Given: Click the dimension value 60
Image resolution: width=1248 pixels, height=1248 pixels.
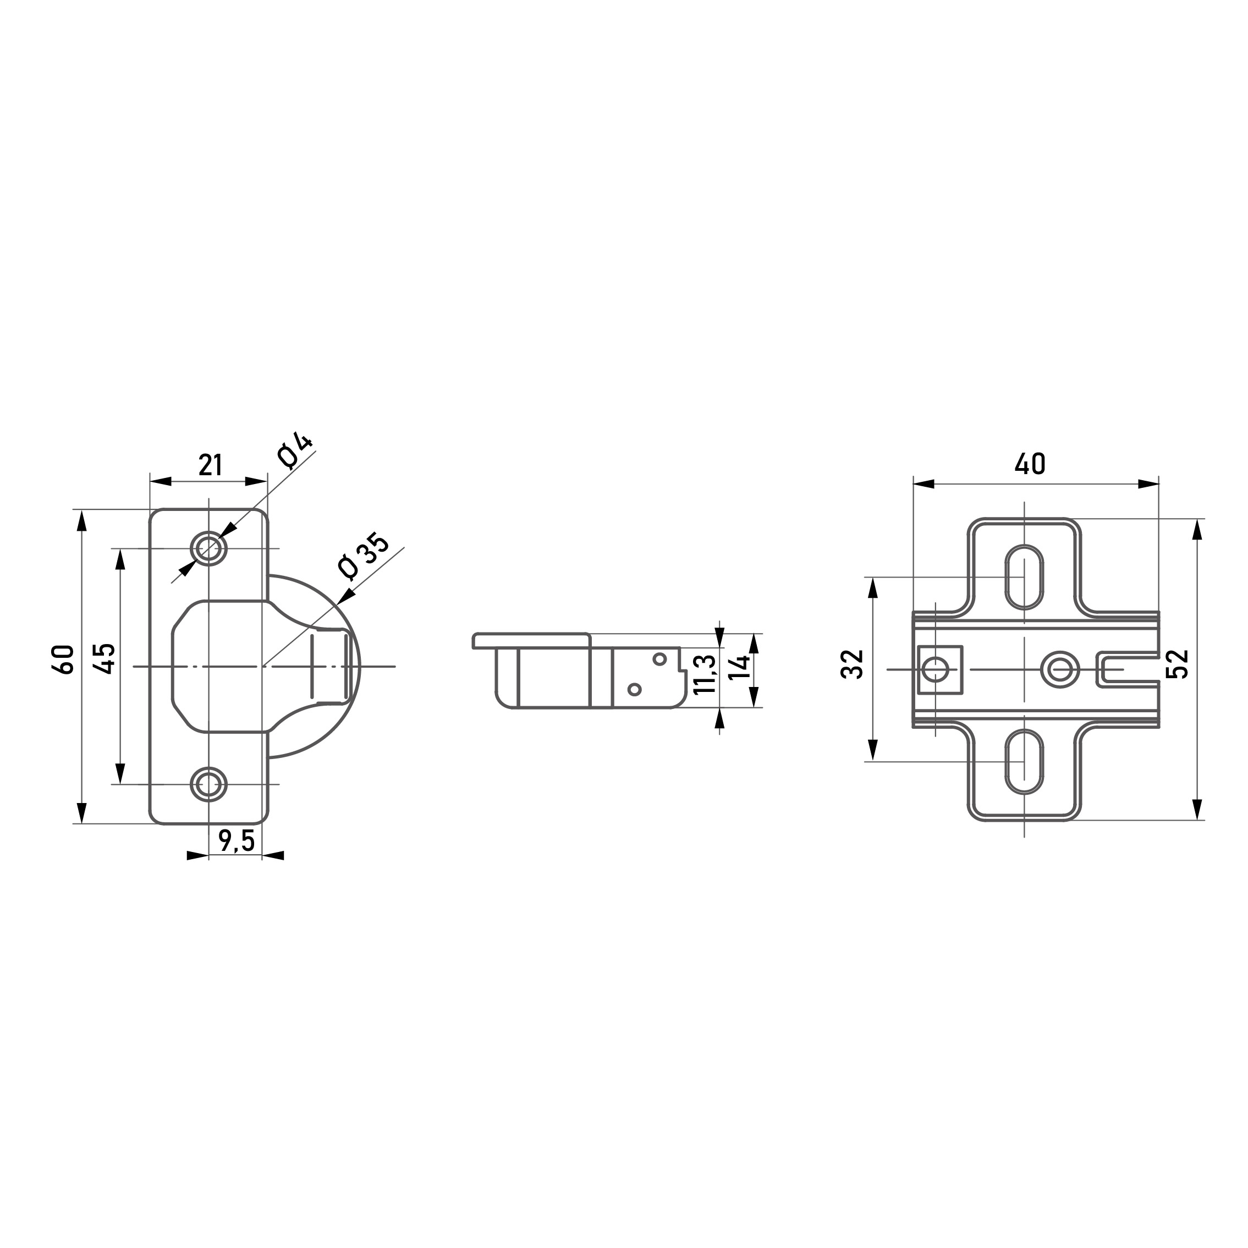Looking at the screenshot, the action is coord(65,659).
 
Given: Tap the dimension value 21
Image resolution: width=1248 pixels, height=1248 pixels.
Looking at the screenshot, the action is coord(210,465).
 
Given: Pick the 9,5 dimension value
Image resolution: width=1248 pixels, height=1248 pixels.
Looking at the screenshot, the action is coord(237,840).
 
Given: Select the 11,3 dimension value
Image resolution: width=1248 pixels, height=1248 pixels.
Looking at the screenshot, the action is coord(704,674).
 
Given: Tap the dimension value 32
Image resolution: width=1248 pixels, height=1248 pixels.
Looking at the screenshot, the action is coord(853,664).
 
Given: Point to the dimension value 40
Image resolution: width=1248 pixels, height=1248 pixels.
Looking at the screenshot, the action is coord(1030,464).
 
